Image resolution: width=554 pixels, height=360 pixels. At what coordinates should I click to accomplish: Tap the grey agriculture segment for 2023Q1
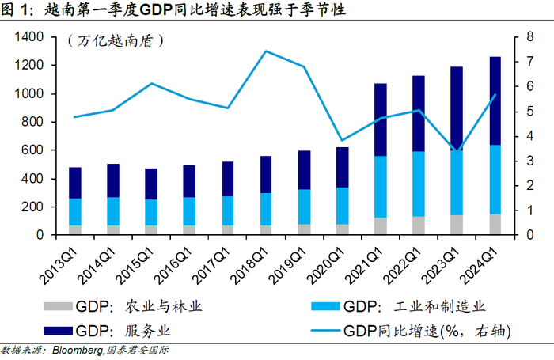457,225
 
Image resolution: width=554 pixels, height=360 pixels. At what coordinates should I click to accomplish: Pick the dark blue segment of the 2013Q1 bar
75,183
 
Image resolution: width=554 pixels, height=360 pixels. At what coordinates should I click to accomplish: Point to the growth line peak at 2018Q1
265,51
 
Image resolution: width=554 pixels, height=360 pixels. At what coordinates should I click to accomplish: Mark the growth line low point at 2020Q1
342,140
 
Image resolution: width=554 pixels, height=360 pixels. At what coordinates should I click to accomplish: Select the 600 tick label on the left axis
31,150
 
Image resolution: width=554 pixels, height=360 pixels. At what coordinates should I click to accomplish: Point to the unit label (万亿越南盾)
110,41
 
